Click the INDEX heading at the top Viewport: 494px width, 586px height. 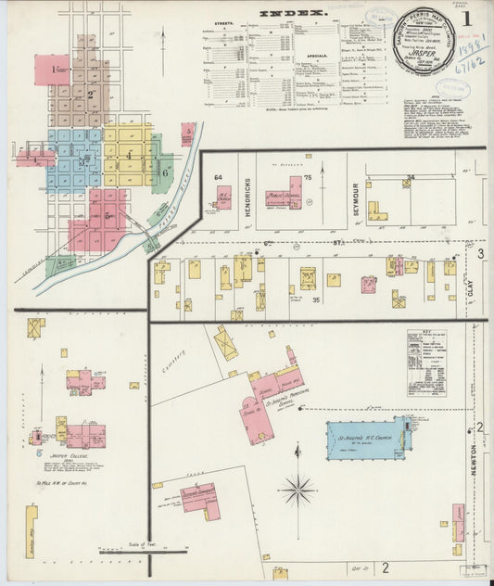292,13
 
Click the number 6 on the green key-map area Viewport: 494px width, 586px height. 163,172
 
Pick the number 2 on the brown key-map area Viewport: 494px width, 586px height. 90,95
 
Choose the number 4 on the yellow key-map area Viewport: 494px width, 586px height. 130,155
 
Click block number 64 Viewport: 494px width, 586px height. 219,177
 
